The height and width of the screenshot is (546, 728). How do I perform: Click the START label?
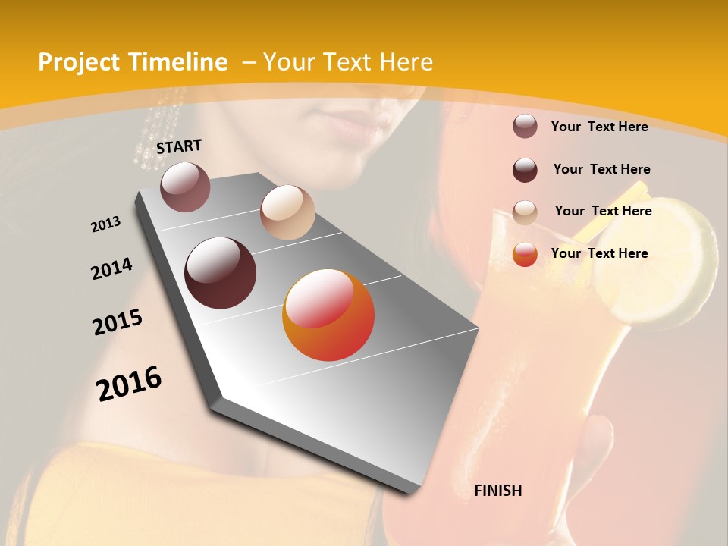[179, 146]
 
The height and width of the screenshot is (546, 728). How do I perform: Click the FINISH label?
[498, 491]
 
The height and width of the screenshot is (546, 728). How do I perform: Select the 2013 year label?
[105, 224]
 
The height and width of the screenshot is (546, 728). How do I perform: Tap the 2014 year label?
[111, 268]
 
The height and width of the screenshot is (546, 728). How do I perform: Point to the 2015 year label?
[118, 322]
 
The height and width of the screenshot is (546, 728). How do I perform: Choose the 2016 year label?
[129, 384]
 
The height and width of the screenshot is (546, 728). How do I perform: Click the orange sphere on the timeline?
[328, 315]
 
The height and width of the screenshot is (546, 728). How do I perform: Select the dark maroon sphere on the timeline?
[221, 273]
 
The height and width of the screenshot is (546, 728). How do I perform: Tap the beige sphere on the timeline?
[287, 212]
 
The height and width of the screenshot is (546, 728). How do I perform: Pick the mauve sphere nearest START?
[186, 187]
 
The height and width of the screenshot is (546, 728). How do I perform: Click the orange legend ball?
[525, 254]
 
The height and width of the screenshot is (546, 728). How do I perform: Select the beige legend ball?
[525, 212]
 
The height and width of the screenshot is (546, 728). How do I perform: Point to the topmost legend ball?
[525, 126]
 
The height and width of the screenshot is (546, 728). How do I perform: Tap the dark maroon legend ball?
[525, 170]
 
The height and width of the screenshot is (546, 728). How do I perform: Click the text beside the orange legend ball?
[600, 253]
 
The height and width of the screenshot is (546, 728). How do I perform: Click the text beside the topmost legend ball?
[600, 127]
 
